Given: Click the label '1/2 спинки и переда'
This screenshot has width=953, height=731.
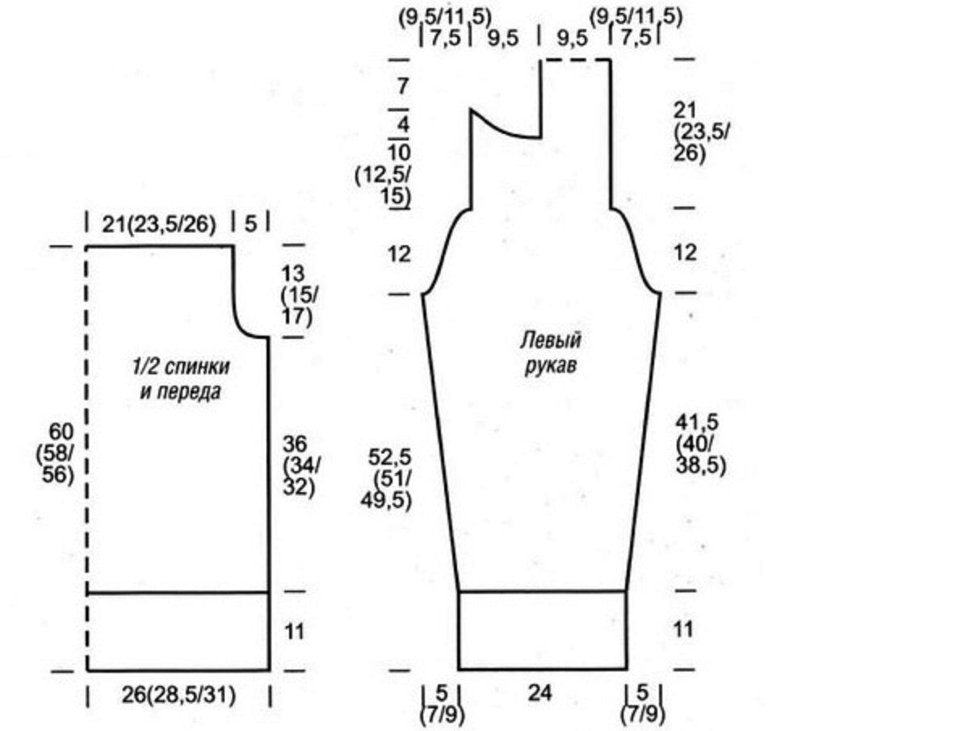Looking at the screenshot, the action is [x=181, y=379].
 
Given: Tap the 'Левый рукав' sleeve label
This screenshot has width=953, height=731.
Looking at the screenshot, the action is [x=550, y=352].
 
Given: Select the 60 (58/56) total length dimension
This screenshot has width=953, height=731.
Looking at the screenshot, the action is [x=60, y=453].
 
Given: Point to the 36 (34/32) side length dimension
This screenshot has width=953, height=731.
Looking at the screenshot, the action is [x=301, y=465].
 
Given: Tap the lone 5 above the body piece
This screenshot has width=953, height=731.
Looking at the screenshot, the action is [x=250, y=224].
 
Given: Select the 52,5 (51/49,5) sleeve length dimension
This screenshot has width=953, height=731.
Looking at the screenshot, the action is [x=389, y=478].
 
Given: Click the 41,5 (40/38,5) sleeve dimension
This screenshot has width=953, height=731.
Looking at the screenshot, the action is [x=701, y=444].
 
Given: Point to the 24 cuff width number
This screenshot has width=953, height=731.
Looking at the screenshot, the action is [x=539, y=693].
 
